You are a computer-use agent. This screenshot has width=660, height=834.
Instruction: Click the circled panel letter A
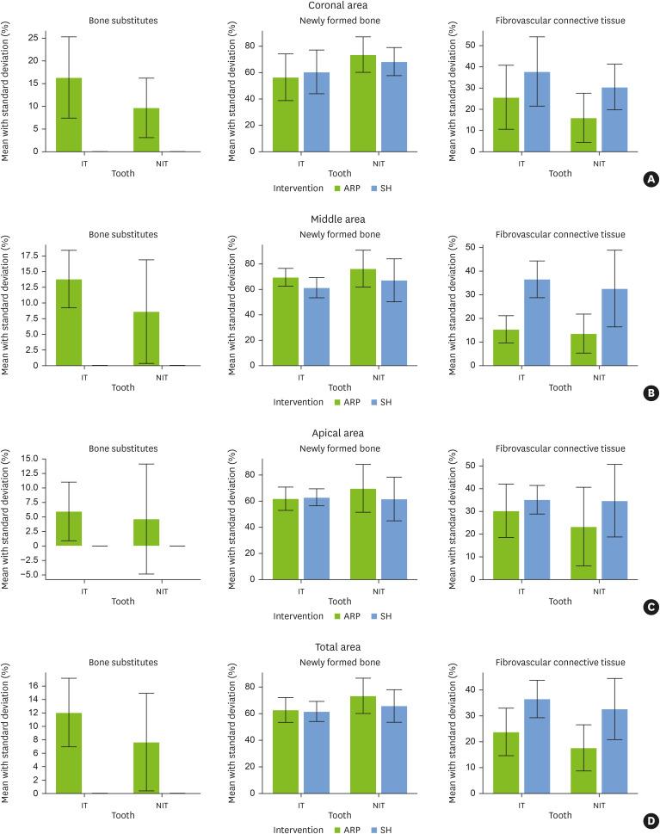[x=651, y=179]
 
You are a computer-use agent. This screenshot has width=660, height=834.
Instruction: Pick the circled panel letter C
[x=651, y=607]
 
